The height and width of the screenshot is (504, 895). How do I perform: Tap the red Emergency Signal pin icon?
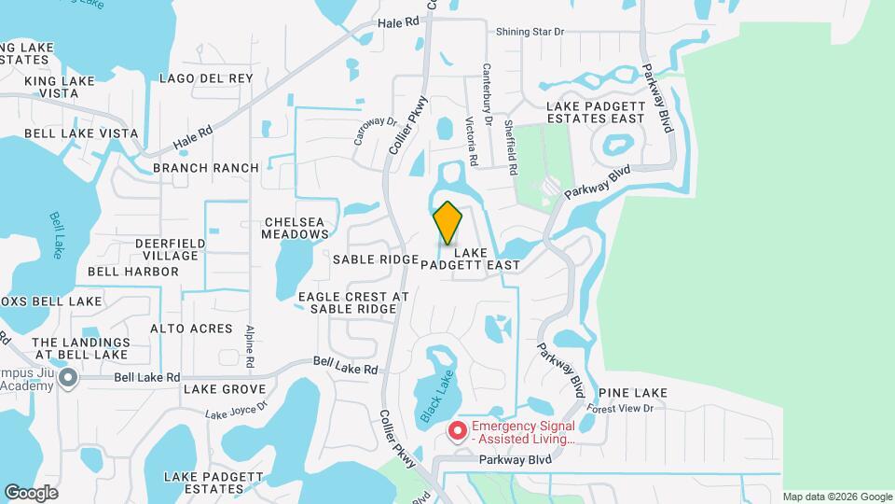point(458,431)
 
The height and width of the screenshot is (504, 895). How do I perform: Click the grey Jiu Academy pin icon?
point(67,378)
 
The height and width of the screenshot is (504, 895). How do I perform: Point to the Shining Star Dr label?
point(530,32)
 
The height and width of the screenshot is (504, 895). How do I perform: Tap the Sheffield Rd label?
point(510,147)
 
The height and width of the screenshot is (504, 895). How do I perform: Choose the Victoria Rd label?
point(472,141)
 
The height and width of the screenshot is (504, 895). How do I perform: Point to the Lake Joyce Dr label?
point(236,409)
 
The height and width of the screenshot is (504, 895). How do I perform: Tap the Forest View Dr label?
point(626,407)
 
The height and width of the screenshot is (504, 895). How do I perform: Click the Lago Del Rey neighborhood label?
point(206,78)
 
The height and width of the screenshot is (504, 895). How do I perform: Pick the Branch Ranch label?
point(206,168)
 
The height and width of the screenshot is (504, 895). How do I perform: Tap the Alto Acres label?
point(191,329)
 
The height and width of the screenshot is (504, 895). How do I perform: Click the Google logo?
point(31,492)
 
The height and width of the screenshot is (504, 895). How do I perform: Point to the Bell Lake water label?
point(57,235)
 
